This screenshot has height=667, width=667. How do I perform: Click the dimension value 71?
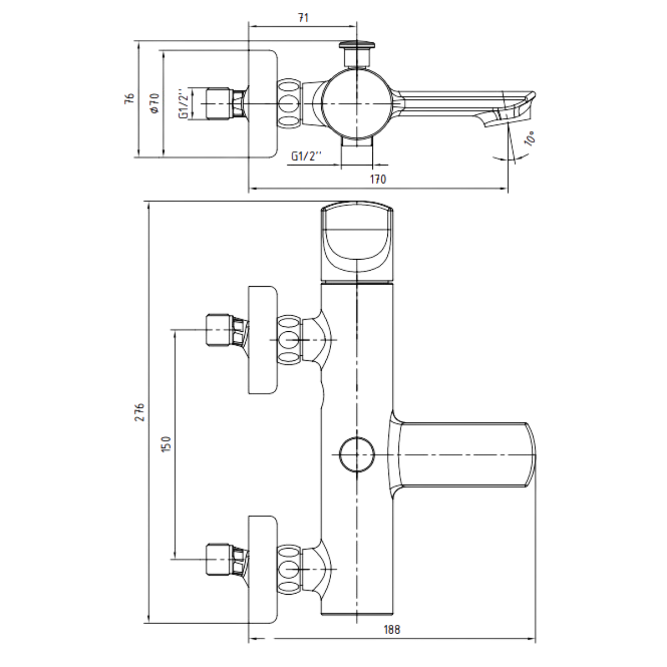click(x=303, y=18)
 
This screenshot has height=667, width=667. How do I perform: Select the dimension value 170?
click(x=378, y=180)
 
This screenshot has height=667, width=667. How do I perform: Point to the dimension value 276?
click(x=140, y=412)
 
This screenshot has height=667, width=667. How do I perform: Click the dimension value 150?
click(x=166, y=444)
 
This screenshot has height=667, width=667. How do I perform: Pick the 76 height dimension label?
click(x=130, y=98)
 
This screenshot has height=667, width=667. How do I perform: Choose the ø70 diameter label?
click(x=155, y=103)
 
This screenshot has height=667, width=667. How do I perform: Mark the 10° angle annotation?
click(x=530, y=138)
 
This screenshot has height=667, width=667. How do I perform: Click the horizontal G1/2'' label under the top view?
click(x=306, y=156)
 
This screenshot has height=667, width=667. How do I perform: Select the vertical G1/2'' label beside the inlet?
click(x=184, y=104)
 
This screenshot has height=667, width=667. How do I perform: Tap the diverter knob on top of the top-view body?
click(x=357, y=54)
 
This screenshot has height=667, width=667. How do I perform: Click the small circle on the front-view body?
click(x=357, y=455)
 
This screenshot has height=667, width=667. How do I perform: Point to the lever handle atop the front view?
click(x=357, y=242)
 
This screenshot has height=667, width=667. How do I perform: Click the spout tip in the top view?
click(x=505, y=109)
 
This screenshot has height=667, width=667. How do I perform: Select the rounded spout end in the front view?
click(x=531, y=455)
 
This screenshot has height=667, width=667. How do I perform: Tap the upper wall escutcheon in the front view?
click(x=263, y=340)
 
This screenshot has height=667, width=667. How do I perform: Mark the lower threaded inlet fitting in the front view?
click(x=227, y=569)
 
